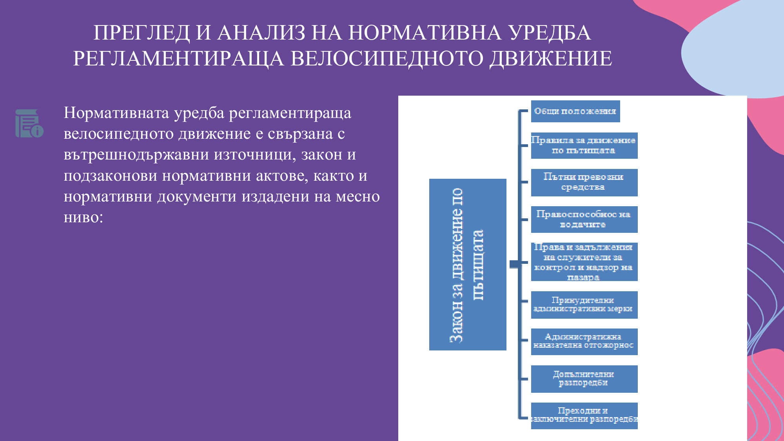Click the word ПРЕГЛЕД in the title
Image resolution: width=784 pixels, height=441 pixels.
click(x=142, y=33)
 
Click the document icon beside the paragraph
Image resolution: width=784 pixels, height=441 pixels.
click(x=29, y=123)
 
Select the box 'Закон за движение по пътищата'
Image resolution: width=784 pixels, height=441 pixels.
click(x=467, y=265)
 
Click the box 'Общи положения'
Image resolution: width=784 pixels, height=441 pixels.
click(x=575, y=111)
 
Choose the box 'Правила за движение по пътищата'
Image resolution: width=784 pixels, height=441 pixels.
click(x=584, y=145)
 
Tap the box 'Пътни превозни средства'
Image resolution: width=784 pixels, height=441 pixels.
click(x=584, y=182)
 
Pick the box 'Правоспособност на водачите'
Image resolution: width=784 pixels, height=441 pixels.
click(x=584, y=220)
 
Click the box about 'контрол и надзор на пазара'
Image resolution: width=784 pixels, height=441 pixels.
click(x=584, y=262)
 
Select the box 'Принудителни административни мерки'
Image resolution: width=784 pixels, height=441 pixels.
click(x=584, y=305)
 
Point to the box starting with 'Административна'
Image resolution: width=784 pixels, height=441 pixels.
click(x=584, y=341)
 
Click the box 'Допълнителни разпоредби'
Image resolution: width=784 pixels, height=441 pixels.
click(x=584, y=379)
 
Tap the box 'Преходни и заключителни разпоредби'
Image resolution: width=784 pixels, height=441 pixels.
click(x=584, y=416)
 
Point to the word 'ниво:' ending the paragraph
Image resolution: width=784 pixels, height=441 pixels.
click(x=83, y=217)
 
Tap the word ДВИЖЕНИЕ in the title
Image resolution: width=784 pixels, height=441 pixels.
click(x=551, y=58)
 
